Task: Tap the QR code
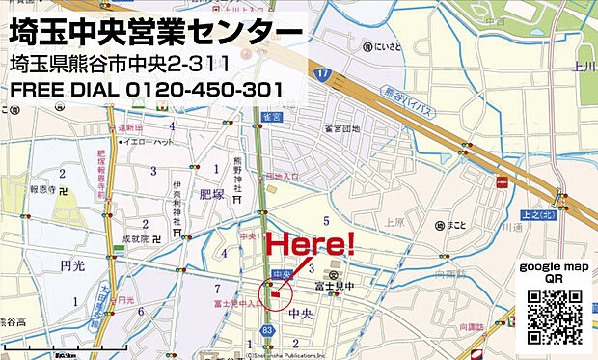pyautogui.click(x=556, y=316)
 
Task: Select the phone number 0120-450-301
pyautogui.click(x=204, y=90)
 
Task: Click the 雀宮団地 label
pyautogui.click(x=340, y=128)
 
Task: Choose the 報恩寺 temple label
pyautogui.click(x=43, y=190)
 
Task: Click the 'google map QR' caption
pyautogui.click(x=554, y=271)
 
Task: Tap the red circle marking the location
pyautogui.click(x=275, y=293)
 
